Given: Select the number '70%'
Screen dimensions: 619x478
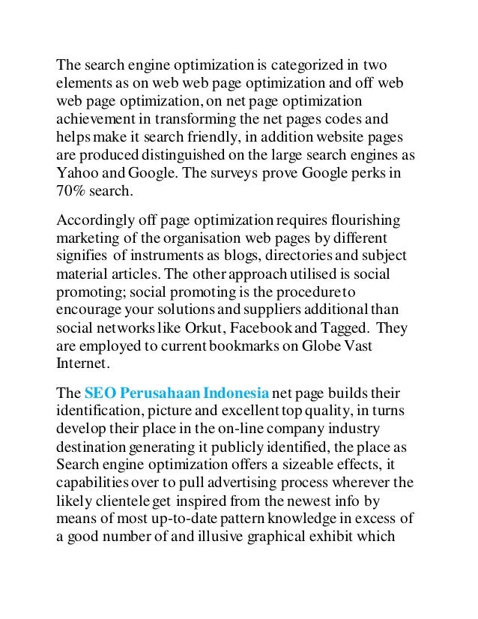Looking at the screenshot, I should tap(73, 193).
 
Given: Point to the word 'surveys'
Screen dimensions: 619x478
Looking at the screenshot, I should tap(235, 175).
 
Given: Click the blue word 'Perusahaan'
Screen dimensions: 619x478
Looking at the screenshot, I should tap(153, 395).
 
